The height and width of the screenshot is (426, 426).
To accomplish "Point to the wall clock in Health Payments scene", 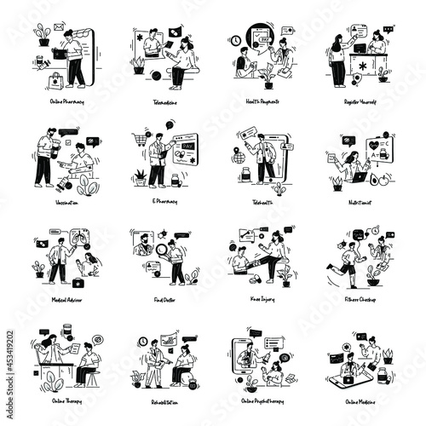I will pyautogui.click(x=235, y=41).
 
